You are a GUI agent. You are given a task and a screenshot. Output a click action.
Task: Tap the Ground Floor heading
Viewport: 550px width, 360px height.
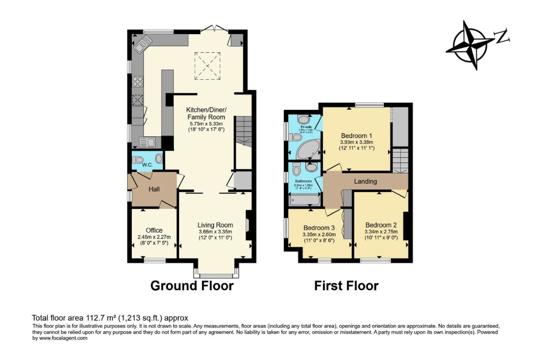coord(192,286)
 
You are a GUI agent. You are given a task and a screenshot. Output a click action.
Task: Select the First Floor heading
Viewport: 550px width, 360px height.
coord(346,286)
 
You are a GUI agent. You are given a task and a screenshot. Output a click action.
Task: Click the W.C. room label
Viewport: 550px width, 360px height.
coord(148,165)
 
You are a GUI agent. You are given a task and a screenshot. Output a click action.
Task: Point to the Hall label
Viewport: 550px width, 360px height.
coord(154,189)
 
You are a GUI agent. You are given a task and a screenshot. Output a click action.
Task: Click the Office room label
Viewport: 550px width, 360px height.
coord(154,230)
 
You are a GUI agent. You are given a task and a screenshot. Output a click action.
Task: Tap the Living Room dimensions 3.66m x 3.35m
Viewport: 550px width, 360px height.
coord(215,231)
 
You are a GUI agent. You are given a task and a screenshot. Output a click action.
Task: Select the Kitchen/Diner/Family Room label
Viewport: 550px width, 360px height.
coord(206,113)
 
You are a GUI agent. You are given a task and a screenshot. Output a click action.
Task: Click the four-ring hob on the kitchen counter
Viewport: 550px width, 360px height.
coord(138,82)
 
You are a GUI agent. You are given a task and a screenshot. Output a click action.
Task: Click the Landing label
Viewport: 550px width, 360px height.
coord(366,181)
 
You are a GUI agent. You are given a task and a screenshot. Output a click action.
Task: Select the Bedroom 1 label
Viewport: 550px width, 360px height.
coord(357,135)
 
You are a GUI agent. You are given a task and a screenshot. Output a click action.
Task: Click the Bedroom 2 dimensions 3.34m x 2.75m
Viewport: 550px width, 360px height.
coord(381,232)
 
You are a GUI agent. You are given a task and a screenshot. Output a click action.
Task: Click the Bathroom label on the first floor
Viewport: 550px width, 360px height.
coord(303,181)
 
